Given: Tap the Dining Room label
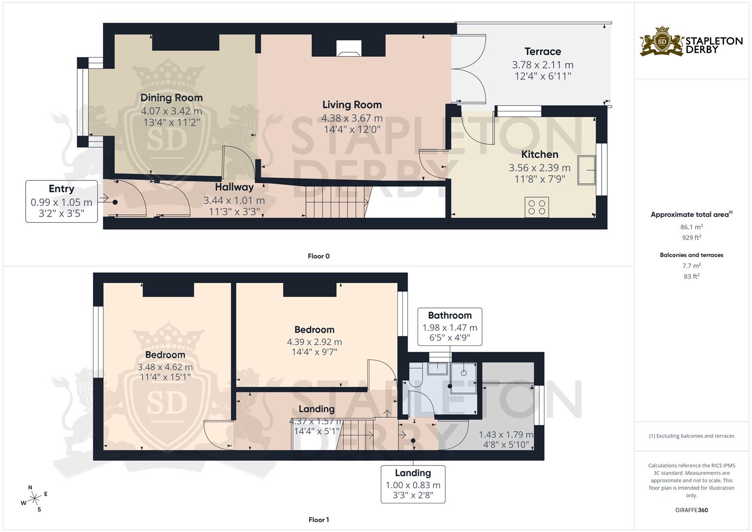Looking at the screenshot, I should [171, 98].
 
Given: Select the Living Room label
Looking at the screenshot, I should [352, 104].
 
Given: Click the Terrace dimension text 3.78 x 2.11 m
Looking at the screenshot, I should [543, 65].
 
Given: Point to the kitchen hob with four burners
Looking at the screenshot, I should [537, 206].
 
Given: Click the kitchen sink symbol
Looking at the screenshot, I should [587, 170].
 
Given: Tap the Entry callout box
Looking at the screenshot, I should [62, 201].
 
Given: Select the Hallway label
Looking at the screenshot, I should [234, 187].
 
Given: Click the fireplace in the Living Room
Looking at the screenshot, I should [349, 48].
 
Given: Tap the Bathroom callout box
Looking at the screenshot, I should [450, 327].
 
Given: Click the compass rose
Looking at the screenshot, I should [34, 499].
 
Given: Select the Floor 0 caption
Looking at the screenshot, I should [319, 256].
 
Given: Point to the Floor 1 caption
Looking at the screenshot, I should [319, 520].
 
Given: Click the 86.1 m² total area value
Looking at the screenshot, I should [691, 227].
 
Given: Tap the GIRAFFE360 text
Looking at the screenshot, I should [691, 510].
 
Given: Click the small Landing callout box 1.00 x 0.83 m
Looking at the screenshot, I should [413, 484].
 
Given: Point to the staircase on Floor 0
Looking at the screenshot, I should [335, 201].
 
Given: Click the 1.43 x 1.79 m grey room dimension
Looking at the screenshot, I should [506, 435].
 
